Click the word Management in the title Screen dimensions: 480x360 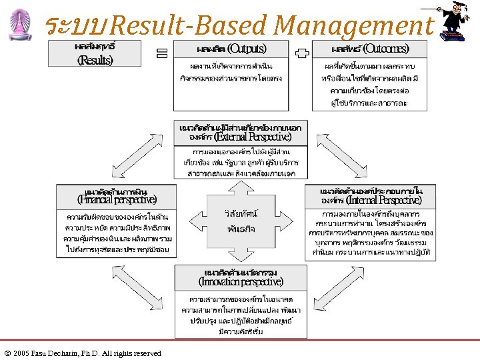click(353, 25)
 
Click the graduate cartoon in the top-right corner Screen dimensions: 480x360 click(457, 24)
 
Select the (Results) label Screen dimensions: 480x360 click(95, 61)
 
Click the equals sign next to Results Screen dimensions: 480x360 click(161, 53)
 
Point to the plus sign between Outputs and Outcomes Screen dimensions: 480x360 click(302, 53)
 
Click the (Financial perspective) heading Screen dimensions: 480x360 click(117, 199)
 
